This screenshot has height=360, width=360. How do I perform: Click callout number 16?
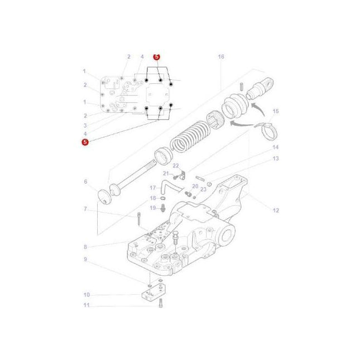coord(221,57)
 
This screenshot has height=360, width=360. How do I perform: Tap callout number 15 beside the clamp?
coord(275,112)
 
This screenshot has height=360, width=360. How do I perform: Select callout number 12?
coord(275,210)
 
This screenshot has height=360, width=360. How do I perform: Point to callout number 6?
coord(85,181)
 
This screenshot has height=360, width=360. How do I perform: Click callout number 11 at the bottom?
coord(86,305)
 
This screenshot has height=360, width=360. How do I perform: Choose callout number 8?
coord(85,247)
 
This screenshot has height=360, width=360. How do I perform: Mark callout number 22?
coord(175,166)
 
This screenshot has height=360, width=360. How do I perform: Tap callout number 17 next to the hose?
coord(152,188)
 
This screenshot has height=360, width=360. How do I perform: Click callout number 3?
coord(85,126)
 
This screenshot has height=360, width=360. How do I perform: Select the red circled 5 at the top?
coord(157,57)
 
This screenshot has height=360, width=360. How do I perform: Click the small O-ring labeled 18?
coord(162,198)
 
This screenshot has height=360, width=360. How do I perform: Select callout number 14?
coord(275,147)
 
